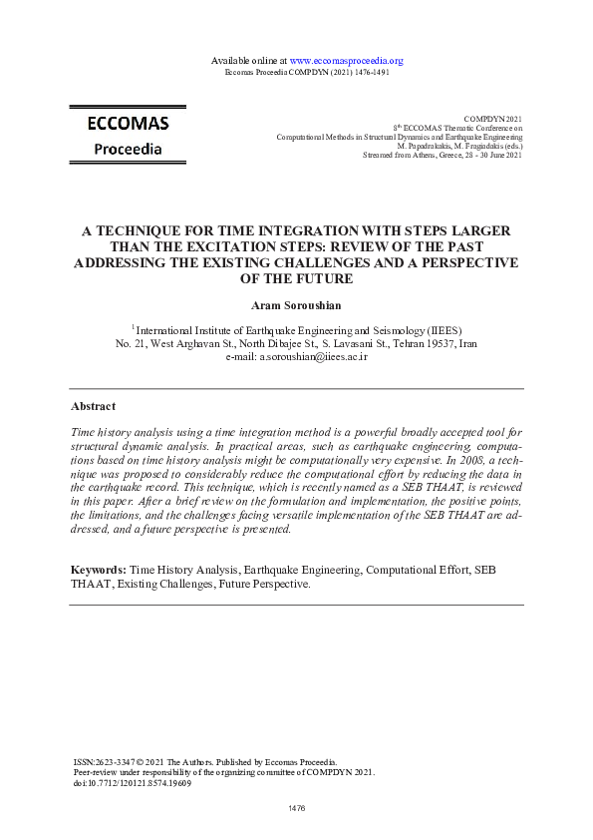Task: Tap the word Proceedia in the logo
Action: [128, 149]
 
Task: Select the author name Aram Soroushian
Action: [296, 303]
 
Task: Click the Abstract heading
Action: [93, 406]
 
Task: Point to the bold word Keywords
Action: [98, 569]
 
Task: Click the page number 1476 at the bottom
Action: [296, 806]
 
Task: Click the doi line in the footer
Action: [133, 783]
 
